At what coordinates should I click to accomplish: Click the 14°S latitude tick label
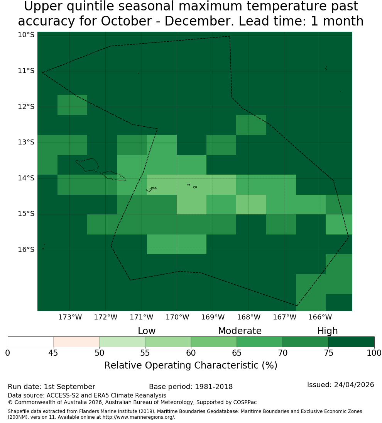click(x=26, y=178)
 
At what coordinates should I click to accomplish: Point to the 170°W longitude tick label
click(x=177, y=317)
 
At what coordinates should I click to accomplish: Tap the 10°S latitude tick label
click(x=26, y=35)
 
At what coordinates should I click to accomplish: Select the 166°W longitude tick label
click(x=320, y=317)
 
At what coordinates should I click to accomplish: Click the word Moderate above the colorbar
click(x=240, y=331)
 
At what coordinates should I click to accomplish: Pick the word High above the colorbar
click(x=327, y=331)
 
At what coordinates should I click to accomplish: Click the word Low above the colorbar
click(x=147, y=331)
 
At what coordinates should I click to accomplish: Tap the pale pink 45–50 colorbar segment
click(x=76, y=342)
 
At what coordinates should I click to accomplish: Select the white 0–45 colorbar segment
click(x=31, y=342)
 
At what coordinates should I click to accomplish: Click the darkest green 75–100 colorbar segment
click(x=351, y=342)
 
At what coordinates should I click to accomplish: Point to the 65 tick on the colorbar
click(x=237, y=353)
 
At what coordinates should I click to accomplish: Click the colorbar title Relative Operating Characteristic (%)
click(x=191, y=365)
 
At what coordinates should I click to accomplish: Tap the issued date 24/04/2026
click(x=354, y=385)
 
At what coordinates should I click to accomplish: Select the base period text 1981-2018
click(x=214, y=387)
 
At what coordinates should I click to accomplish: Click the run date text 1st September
click(x=69, y=387)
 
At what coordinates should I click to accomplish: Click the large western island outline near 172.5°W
click(x=87, y=165)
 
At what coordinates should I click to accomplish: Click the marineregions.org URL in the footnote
click(x=139, y=417)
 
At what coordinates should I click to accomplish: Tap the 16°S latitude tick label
click(x=26, y=250)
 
